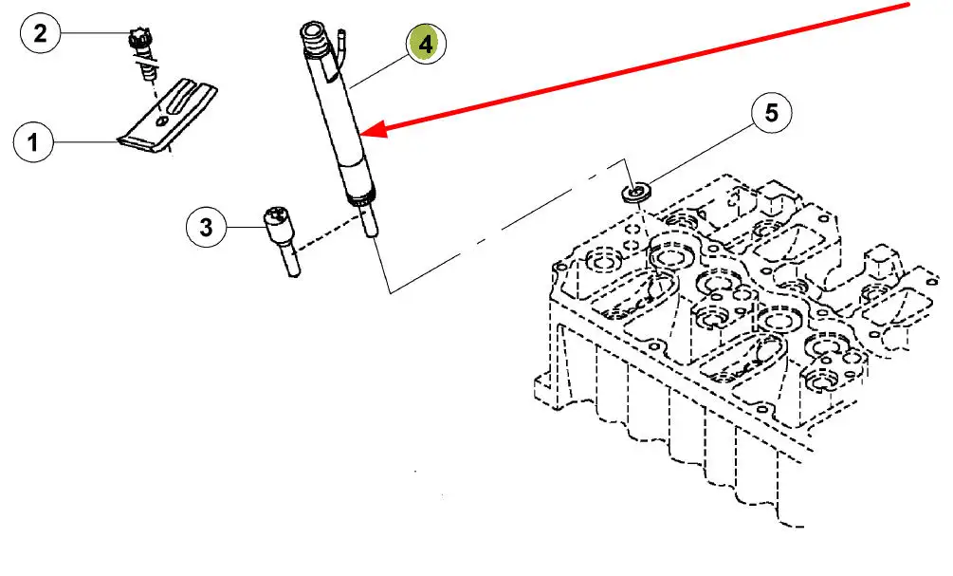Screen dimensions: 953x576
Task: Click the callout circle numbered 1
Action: [33, 142]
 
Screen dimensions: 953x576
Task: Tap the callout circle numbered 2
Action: [40, 33]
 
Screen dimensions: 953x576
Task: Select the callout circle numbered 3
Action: [206, 228]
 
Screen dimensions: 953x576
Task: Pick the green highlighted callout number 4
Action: [426, 44]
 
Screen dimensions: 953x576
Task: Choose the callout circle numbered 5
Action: [771, 113]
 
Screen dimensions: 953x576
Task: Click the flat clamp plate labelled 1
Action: [167, 116]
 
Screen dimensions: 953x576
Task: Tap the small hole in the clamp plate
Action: [160, 121]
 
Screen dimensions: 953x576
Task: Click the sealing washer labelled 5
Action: [636, 193]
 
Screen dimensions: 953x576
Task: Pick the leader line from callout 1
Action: [85, 142]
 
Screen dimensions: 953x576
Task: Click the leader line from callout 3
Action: [246, 228]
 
